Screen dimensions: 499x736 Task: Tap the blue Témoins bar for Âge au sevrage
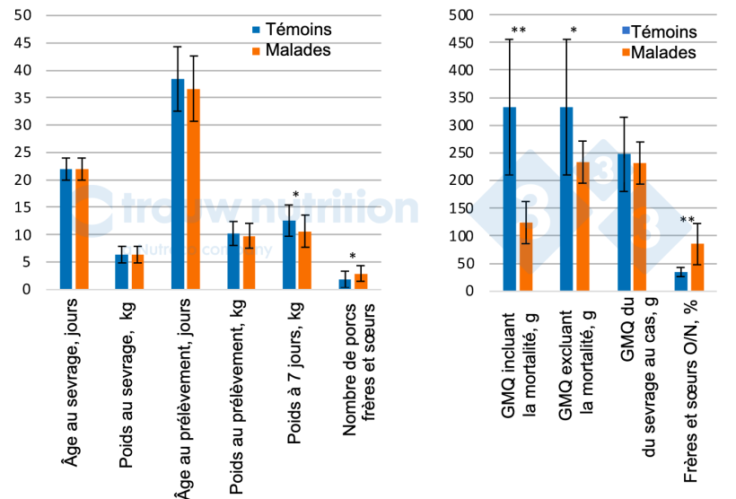pos(66,229)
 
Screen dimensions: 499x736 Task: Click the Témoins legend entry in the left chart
pos(289,31)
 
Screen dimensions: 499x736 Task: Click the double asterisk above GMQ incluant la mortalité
pos(518,31)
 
